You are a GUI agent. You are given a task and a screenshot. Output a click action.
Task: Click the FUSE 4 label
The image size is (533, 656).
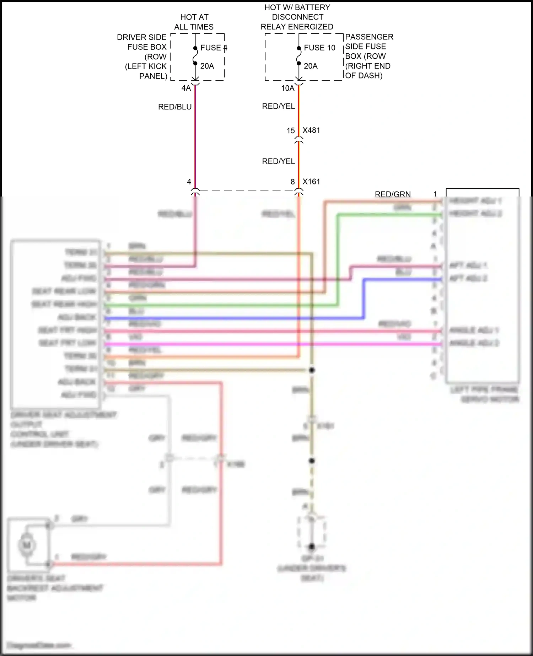pos(213,48)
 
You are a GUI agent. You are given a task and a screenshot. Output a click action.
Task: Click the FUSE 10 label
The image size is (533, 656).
pos(319,48)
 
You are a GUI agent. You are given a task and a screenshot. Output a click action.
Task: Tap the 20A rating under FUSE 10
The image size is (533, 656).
pos(311,66)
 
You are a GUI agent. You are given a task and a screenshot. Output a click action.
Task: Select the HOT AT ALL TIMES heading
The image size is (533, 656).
pos(194,22)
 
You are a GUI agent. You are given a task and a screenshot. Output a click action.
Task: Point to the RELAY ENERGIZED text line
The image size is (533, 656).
pos(297,27)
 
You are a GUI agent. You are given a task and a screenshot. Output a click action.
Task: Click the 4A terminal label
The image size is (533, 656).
pos(186,88)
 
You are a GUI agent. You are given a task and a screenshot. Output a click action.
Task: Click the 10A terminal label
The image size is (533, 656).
pos(288,88)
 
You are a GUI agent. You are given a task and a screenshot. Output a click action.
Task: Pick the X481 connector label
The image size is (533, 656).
pos(311,130)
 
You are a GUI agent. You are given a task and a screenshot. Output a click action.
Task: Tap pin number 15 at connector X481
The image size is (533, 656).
pos(291,131)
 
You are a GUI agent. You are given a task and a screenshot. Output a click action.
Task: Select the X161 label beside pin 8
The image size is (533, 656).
pos(311,182)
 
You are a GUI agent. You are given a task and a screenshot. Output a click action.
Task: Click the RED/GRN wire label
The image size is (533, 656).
pos(393,194)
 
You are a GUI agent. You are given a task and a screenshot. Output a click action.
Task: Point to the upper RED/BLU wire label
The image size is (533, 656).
pos(175,107)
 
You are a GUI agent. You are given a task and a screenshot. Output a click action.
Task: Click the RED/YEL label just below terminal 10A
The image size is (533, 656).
pos(279,106)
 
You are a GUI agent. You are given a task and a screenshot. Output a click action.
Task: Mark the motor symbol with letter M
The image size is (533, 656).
pos(27,545)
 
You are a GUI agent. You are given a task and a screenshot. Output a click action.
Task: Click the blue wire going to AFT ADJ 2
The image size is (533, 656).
pos(402,280)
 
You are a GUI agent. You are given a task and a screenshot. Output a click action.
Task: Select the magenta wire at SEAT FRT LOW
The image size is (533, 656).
pos(249,344)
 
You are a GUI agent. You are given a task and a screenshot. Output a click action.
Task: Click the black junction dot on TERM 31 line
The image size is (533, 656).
pos(312,370)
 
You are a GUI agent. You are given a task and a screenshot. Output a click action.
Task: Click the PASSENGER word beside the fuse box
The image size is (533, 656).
pos(369,37)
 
